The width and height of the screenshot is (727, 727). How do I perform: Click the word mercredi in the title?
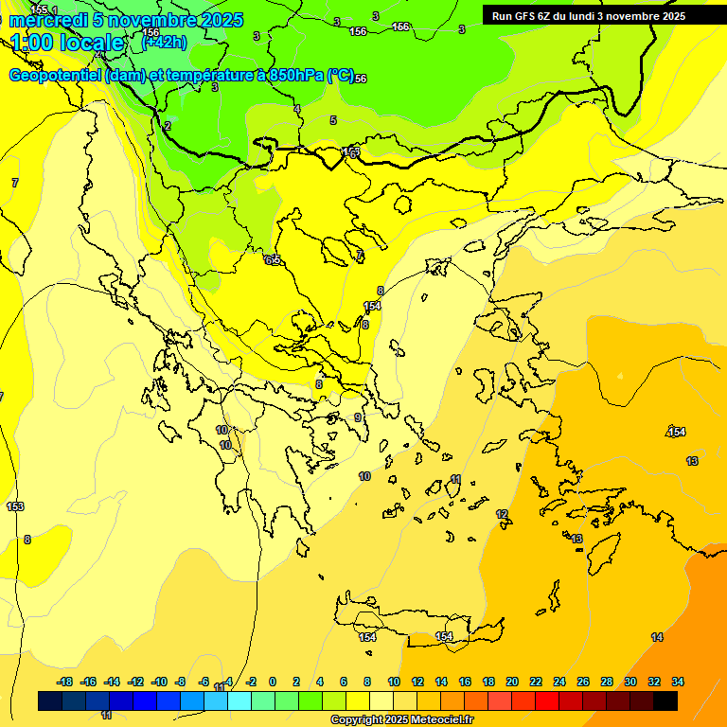[47, 20]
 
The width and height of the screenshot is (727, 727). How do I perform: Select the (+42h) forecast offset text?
[164, 43]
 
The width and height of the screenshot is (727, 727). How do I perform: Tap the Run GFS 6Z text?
[520, 16]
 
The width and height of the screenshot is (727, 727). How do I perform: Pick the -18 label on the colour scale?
[64, 682]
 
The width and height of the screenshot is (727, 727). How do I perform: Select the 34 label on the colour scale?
[678, 682]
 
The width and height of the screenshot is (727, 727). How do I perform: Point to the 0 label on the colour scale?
[273, 682]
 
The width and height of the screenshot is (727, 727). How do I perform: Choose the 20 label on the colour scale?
[512, 682]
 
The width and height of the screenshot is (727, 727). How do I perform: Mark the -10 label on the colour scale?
[158, 682]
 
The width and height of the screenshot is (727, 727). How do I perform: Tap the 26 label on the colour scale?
[583, 682]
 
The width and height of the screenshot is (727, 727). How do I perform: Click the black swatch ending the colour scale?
[665, 700]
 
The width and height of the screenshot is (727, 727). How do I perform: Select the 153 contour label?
[15, 507]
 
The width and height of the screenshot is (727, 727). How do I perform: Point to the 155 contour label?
[39, 9]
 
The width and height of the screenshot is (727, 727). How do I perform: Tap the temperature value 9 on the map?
[358, 417]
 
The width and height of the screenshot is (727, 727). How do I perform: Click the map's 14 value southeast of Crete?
[657, 637]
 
